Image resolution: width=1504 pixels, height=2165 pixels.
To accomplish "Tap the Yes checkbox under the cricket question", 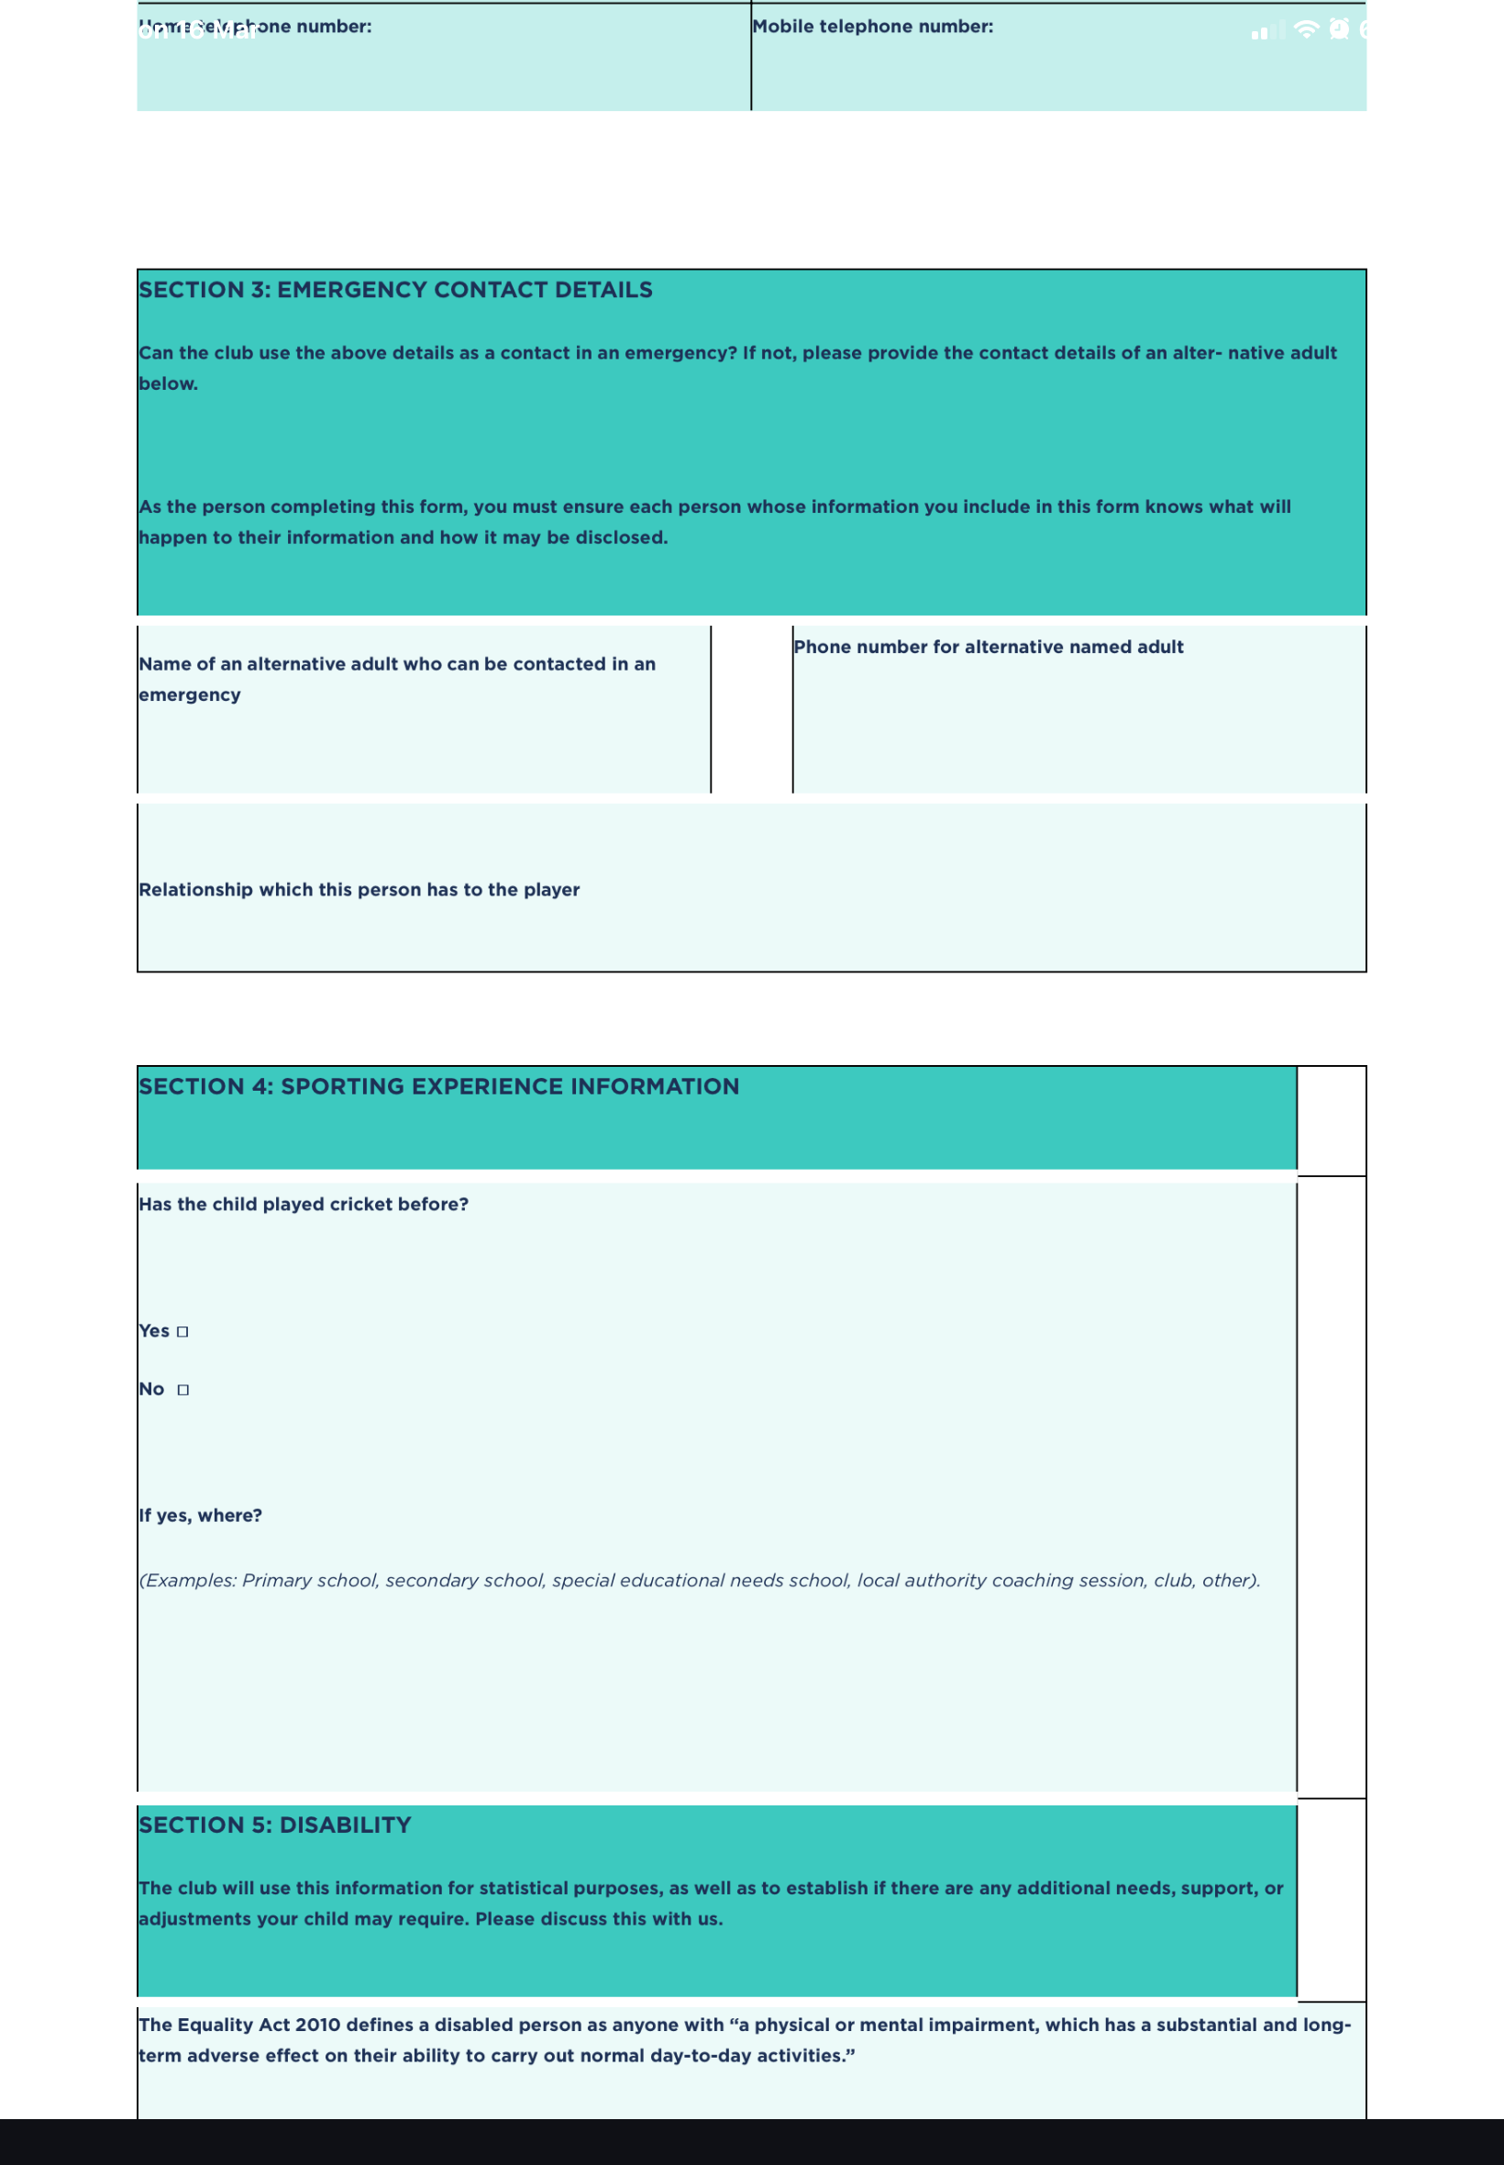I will click(x=182, y=1332).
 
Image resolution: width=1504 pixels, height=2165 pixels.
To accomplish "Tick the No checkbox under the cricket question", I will click(x=182, y=1390).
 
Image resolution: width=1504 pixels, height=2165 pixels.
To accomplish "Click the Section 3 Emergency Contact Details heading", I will click(x=396, y=289).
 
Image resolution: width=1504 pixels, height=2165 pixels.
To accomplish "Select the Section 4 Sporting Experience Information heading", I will click(x=439, y=1087).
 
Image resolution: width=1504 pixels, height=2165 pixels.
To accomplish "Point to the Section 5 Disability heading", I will click(x=275, y=1826).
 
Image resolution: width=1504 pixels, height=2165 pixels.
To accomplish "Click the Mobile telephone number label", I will click(x=873, y=27).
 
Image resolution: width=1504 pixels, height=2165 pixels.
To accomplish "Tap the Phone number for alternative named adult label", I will click(x=989, y=647).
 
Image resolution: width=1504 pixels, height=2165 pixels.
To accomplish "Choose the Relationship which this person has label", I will click(x=359, y=890).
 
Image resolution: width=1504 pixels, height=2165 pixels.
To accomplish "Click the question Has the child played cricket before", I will click(x=304, y=1205).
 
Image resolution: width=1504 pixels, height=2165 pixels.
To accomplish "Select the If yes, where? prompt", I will click(x=201, y=1515).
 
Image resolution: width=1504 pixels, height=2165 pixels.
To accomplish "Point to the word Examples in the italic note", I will click(x=190, y=1581).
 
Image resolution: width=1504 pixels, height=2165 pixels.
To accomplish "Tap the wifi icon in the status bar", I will click(x=1306, y=29).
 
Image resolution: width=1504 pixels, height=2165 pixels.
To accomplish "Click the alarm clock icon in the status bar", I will click(x=1339, y=29).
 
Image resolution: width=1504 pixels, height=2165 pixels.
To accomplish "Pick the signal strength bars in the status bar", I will click(x=1266, y=32).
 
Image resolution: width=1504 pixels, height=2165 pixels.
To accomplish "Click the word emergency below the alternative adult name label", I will click(x=190, y=694).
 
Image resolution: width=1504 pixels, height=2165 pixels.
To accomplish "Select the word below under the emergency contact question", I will click(x=168, y=383).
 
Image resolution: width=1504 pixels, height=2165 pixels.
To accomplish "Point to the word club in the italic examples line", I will click(x=1173, y=1581).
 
